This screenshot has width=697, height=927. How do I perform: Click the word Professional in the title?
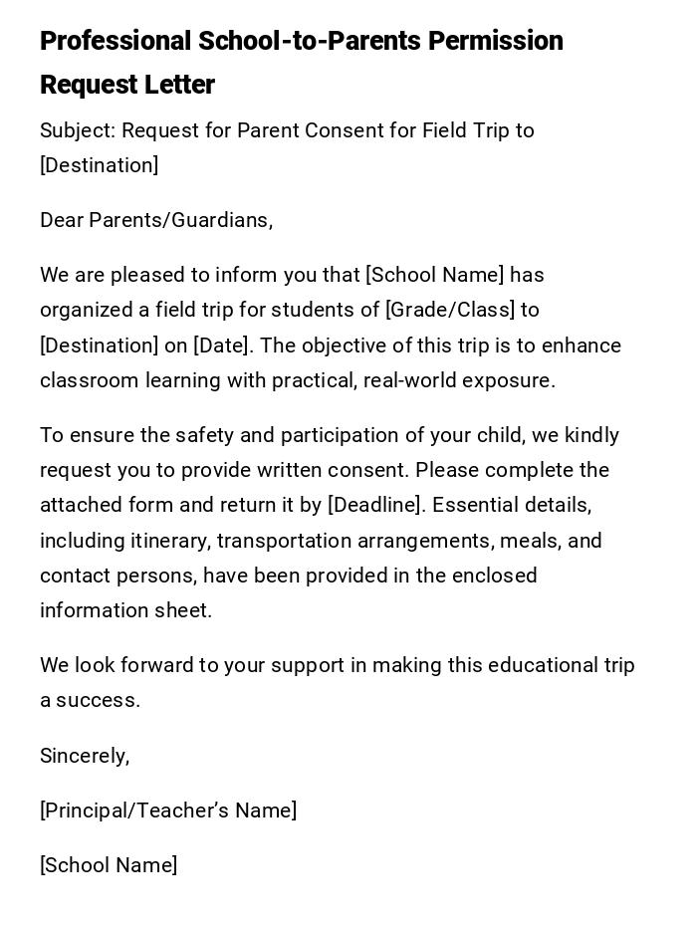[116, 41]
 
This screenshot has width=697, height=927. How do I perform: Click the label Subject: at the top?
[78, 130]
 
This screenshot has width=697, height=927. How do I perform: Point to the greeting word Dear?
[62, 220]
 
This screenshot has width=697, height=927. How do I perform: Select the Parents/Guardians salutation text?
[181, 220]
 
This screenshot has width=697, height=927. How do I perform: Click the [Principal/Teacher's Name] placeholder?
[168, 811]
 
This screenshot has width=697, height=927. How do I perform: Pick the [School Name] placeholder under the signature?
[109, 865]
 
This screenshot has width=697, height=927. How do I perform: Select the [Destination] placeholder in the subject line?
[99, 165]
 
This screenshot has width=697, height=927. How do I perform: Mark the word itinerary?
[168, 541]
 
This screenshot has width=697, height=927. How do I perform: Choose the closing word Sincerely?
[84, 756]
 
